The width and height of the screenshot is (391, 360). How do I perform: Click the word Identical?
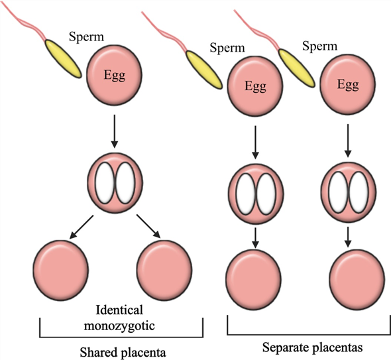pos(119,310)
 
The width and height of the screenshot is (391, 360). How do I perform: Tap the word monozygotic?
pos(119,326)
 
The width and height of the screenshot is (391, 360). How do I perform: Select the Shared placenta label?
pos(123,353)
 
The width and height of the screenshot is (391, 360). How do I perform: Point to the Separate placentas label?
pos(312,347)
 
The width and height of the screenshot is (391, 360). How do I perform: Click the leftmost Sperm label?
pos(86,37)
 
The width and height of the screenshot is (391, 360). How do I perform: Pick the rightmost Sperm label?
pos(319,46)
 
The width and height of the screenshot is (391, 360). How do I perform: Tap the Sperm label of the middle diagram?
pos(227,47)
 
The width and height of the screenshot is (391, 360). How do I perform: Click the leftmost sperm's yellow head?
pos(63,58)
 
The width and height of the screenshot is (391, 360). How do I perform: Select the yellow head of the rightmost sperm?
pos(296,68)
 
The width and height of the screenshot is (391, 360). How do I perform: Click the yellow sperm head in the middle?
pos(203,70)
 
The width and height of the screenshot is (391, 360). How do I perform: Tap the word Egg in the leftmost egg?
pos(115,75)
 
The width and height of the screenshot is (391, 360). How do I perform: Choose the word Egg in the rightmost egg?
pos(348,84)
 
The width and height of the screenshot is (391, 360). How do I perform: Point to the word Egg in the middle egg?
pos(255,86)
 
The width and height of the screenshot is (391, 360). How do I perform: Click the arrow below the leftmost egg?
pos(115,131)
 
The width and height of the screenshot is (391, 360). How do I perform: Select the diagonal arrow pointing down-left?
pos(82,227)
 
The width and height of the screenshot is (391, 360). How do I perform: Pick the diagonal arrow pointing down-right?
pos(148,226)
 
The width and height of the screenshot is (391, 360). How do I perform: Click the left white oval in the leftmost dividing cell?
pos(105,182)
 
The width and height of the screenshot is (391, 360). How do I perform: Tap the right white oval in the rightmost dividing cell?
pos(359,192)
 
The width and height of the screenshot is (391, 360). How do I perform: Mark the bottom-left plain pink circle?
pos(61,270)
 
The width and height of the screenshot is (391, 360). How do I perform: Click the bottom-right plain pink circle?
pos(357,280)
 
